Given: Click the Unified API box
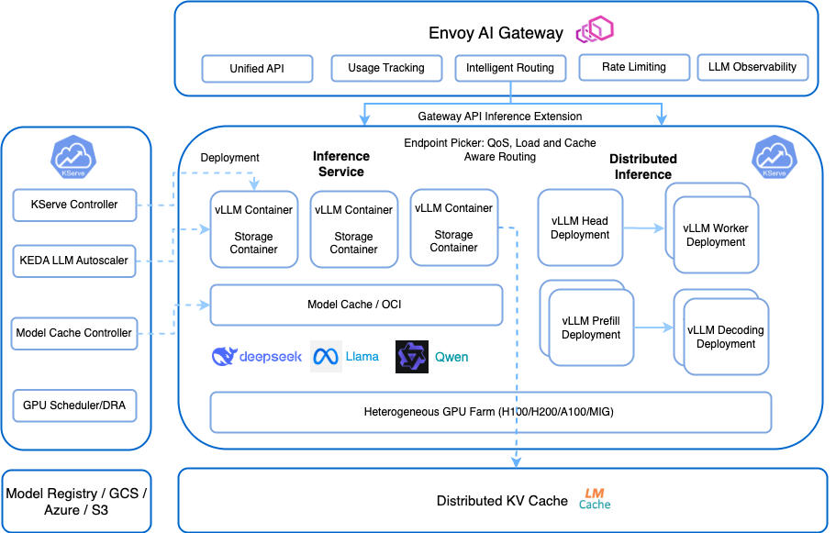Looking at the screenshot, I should click(x=257, y=69).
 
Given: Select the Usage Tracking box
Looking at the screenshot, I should click(x=386, y=68).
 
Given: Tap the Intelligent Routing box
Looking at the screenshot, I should click(x=510, y=68).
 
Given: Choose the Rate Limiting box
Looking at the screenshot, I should click(x=633, y=67).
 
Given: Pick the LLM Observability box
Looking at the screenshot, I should click(x=752, y=67).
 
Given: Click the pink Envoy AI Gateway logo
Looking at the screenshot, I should click(x=594, y=31).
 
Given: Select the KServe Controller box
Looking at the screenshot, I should click(x=75, y=205).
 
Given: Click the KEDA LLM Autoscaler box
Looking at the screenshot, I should click(x=75, y=261).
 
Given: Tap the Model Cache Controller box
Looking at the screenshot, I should click(x=75, y=333).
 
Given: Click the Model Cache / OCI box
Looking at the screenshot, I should click(x=356, y=305).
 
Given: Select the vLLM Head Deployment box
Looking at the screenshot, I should click(x=580, y=228).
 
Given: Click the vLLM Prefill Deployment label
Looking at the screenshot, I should click(x=591, y=328).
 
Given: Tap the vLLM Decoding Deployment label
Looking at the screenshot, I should click(x=726, y=337).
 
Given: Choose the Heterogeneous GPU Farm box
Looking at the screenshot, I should click(x=490, y=412).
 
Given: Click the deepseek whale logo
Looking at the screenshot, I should click(x=225, y=357).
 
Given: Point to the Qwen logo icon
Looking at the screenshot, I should click(x=411, y=357).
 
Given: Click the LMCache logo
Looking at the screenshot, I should click(x=595, y=499).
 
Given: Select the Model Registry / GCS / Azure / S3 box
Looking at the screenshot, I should click(x=76, y=501).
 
